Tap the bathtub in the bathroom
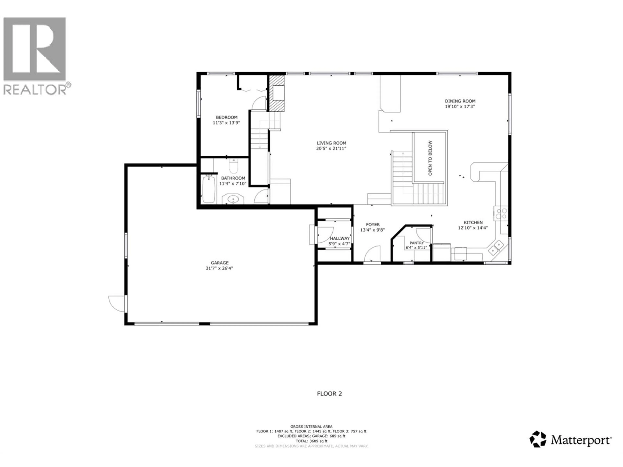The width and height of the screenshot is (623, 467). point(209,189)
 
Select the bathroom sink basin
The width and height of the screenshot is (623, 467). point(233,200)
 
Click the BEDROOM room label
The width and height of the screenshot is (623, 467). point(226,117)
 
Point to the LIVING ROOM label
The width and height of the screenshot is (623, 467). point(331,143)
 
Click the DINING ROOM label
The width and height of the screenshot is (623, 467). point(460,101)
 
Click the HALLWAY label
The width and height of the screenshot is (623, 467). point(340,238)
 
